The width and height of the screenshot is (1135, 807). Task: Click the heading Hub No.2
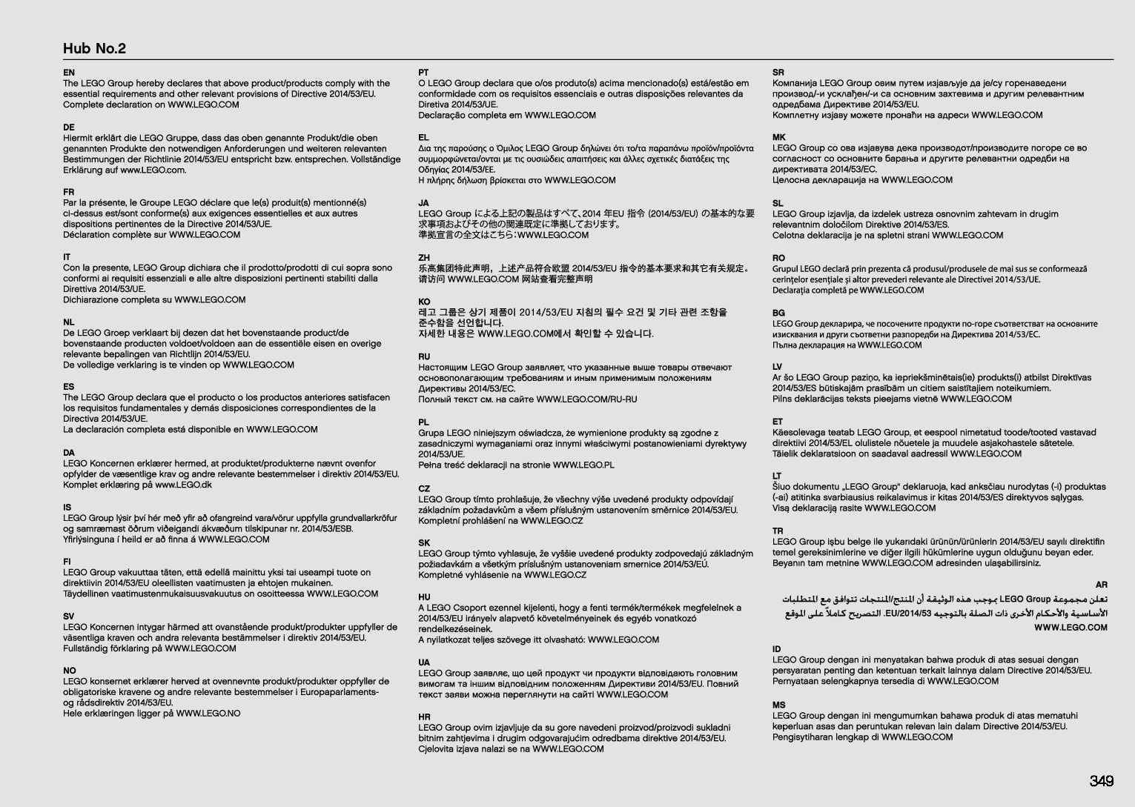94,49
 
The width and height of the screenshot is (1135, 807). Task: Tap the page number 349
1101,781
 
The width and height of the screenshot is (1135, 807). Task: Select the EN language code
68,73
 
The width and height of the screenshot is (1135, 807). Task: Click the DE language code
68,127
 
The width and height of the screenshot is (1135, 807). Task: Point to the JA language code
423,203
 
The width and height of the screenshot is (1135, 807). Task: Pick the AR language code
1101,585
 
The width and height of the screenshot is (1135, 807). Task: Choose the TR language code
778,531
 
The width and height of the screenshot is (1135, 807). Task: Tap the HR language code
424,717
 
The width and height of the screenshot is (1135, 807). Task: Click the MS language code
778,705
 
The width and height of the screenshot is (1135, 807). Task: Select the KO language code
424,302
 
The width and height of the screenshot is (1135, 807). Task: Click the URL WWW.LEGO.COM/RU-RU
586,399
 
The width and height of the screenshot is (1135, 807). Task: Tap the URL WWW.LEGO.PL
583,465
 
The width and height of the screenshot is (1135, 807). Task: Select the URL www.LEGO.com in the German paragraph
153,170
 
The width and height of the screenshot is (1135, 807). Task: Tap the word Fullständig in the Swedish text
87,648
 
